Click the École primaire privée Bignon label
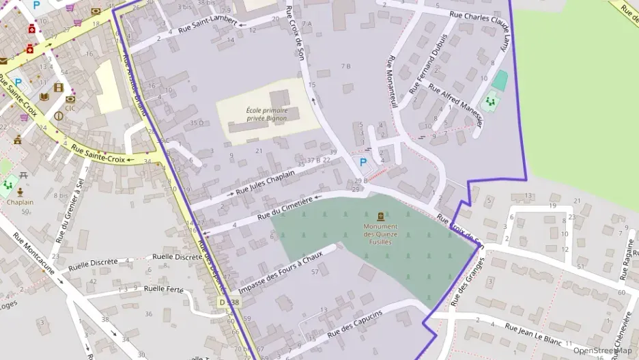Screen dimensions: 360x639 (267, 114)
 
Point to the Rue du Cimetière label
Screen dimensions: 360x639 (285, 208)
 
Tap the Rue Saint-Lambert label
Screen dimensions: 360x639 (208, 25)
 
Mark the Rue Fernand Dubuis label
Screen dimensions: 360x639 (428, 64)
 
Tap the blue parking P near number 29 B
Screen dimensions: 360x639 (363, 163)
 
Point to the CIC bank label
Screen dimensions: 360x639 (70, 108)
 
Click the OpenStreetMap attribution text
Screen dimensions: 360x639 (602, 350)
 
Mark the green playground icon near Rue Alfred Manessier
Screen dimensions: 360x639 (489, 102)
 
